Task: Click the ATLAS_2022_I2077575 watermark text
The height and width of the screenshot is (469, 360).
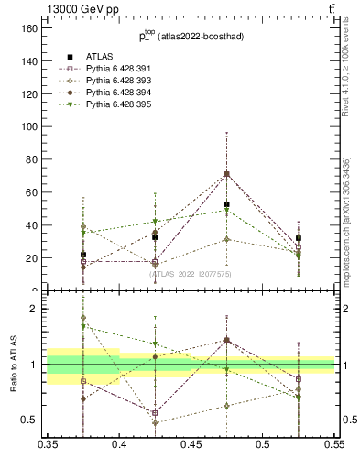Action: tap(191, 273)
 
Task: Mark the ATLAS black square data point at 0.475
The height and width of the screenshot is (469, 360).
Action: tap(226, 204)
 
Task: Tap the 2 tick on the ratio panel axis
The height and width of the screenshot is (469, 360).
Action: tap(39, 309)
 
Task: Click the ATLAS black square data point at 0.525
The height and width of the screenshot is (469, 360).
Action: tap(298, 238)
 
